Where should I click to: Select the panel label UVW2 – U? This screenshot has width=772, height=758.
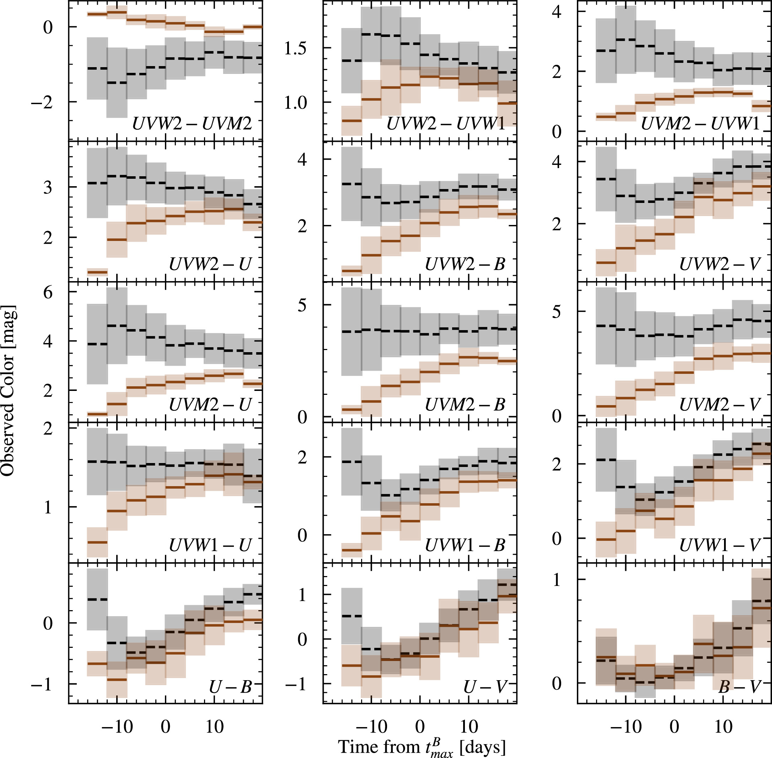point(210,264)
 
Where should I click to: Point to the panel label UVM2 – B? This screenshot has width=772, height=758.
point(465,405)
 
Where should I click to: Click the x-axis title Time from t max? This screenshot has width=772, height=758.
point(422,747)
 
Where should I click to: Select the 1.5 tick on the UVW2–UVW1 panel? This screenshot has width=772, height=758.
point(295,48)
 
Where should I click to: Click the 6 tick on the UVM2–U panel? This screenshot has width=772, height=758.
point(48,293)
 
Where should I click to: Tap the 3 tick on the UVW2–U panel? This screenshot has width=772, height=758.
point(48,188)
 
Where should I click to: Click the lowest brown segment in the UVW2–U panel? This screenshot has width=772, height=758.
point(97,272)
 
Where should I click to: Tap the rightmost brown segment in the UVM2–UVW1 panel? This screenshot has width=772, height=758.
point(761,106)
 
